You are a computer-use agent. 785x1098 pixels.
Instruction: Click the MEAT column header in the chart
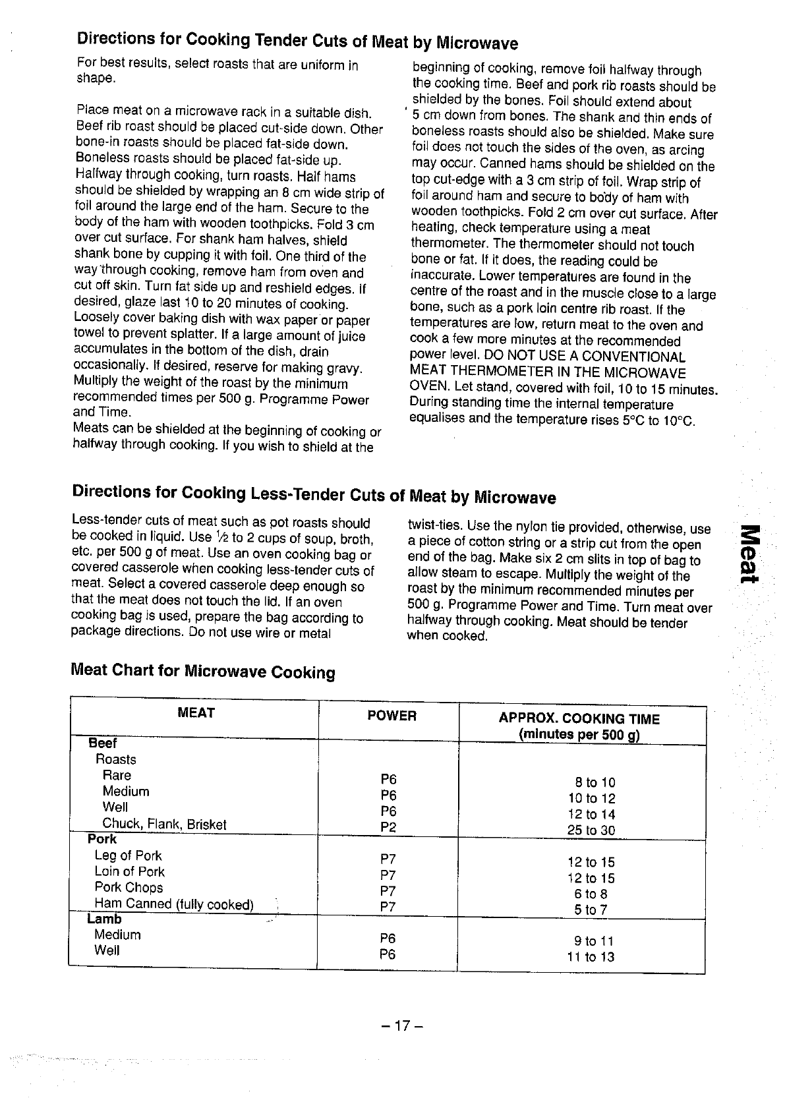[x=196, y=712]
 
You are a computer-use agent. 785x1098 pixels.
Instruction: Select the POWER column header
[x=392, y=716]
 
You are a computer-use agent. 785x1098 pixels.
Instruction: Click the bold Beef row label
[x=103, y=743]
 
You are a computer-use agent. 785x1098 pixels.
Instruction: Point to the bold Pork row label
[x=102, y=839]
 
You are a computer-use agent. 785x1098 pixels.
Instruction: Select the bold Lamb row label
[x=104, y=919]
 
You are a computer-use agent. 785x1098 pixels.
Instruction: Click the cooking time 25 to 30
[x=591, y=830]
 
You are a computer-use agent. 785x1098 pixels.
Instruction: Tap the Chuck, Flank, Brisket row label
[x=164, y=824]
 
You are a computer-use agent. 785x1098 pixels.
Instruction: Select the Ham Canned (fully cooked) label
[x=174, y=904]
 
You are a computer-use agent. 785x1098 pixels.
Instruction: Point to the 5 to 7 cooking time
[x=591, y=910]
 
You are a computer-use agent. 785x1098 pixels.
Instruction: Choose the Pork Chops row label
[x=129, y=887]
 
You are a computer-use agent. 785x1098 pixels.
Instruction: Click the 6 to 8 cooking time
[x=591, y=894]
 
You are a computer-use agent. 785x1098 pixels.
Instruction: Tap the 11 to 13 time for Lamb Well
[x=591, y=956]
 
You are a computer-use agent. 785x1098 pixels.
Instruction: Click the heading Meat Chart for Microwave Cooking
[x=202, y=672]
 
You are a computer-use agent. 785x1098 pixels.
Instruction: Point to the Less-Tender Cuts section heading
[x=314, y=494]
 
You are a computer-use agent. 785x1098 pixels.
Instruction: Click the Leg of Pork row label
[x=128, y=855]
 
